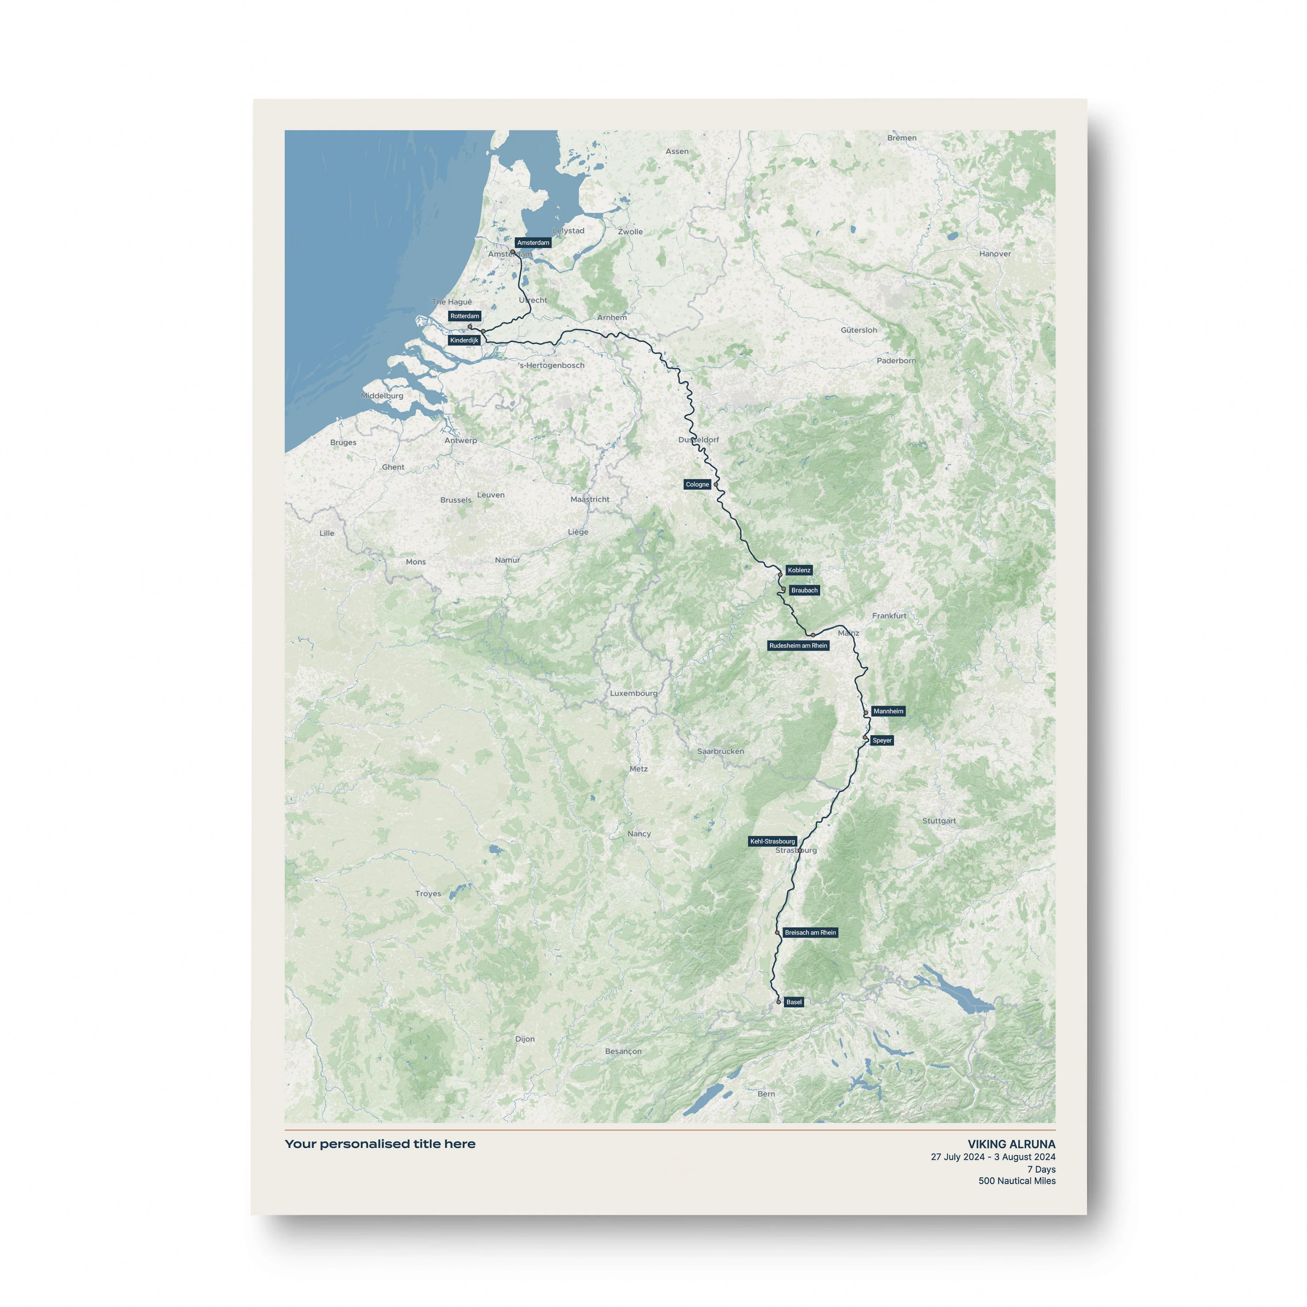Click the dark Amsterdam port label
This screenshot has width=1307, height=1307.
(533, 242)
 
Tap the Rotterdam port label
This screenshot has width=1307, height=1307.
(465, 316)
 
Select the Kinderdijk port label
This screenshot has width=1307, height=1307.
(464, 340)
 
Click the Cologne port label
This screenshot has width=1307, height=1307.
(697, 484)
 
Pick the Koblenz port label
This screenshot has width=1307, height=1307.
(798, 570)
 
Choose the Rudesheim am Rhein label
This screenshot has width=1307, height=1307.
(798, 645)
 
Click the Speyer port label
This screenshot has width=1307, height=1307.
(882, 740)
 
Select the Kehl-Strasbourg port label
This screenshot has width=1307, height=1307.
(772, 841)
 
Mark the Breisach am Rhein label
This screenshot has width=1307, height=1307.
(810, 932)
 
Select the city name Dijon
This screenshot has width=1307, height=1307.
(524, 1039)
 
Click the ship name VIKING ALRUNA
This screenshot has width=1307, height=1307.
(1011, 1144)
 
